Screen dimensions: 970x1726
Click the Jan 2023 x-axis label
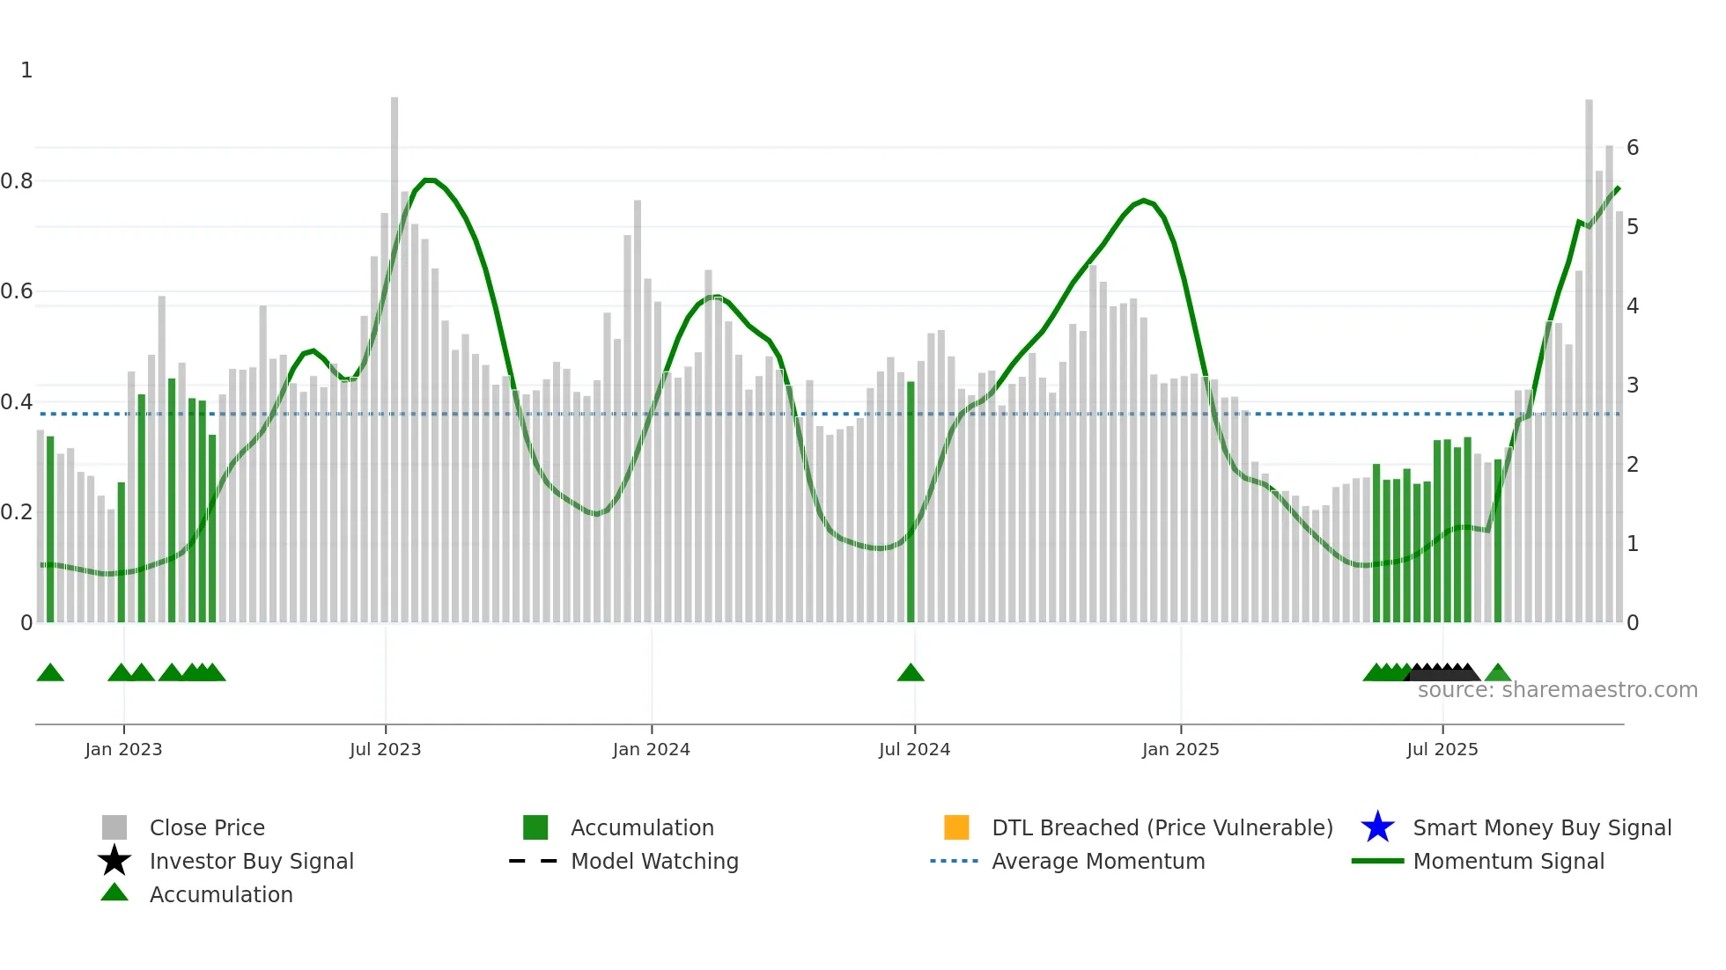[123, 749]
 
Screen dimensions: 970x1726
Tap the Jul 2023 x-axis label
[385, 749]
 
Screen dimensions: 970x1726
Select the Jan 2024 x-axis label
[651, 749]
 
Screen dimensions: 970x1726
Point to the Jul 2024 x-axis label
[914, 749]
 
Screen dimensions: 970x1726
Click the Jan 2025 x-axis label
[1180, 749]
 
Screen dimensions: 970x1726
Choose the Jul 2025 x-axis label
[1442, 749]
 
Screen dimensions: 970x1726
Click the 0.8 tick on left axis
[17, 181]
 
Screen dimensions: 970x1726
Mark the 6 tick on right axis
[1633, 148]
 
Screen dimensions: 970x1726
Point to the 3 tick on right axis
[1633, 386]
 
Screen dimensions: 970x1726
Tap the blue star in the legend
[1377, 827]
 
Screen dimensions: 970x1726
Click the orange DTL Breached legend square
[956, 827]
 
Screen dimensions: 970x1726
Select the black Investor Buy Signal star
[114, 861]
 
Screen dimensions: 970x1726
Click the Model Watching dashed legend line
[533, 861]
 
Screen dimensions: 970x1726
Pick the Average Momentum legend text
[1098, 861]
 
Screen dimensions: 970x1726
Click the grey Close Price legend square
[114, 827]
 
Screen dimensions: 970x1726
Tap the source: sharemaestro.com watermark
[1557, 690]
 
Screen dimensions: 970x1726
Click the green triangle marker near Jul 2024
[911, 673]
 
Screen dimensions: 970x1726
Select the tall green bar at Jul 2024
[911, 502]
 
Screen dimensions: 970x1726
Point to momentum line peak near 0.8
[429, 180]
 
